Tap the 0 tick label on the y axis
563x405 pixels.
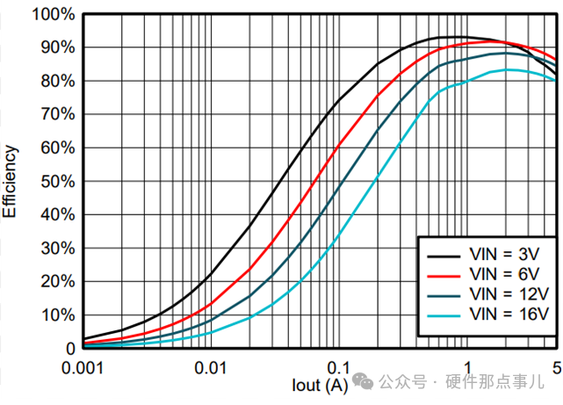click(x=70, y=349)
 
